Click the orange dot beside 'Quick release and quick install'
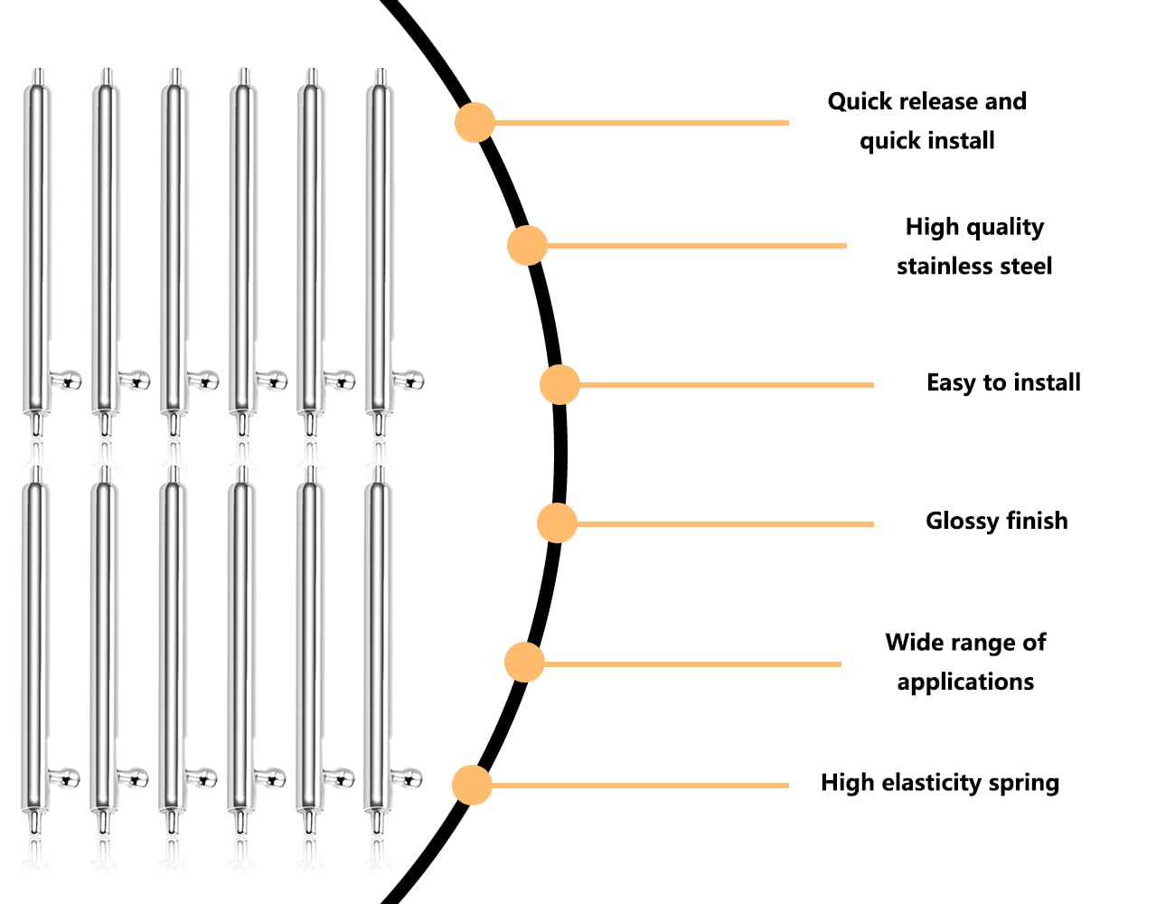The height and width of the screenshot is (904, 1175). [475, 122]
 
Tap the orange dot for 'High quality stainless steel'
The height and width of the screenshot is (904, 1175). [527, 246]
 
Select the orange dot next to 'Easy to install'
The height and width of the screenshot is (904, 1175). [559, 384]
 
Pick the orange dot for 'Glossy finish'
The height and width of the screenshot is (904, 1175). [557, 523]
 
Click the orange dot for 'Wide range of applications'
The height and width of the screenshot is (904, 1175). [524, 662]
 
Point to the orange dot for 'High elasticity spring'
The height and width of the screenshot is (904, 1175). [472, 785]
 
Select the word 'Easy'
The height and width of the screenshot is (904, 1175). [951, 383]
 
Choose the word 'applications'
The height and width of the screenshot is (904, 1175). [965, 683]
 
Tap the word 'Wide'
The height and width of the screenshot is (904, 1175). [912, 643]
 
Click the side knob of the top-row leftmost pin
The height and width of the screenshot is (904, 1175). [67, 380]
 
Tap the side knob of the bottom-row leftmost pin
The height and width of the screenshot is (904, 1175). [65, 778]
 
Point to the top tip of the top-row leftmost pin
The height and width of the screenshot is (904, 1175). [38, 70]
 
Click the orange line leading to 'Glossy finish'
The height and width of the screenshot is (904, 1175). [725, 524]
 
